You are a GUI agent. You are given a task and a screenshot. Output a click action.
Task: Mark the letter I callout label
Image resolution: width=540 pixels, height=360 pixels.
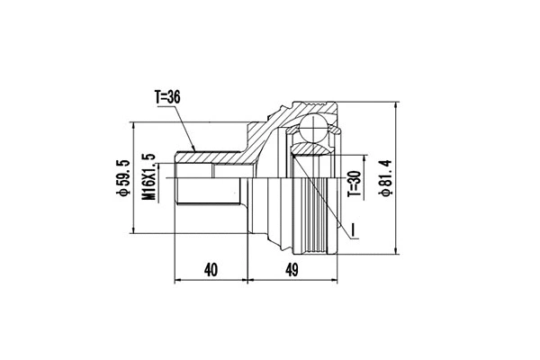[x=355, y=231]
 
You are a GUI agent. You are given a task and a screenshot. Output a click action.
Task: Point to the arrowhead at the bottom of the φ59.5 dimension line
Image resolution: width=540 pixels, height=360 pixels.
[x=134, y=233]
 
